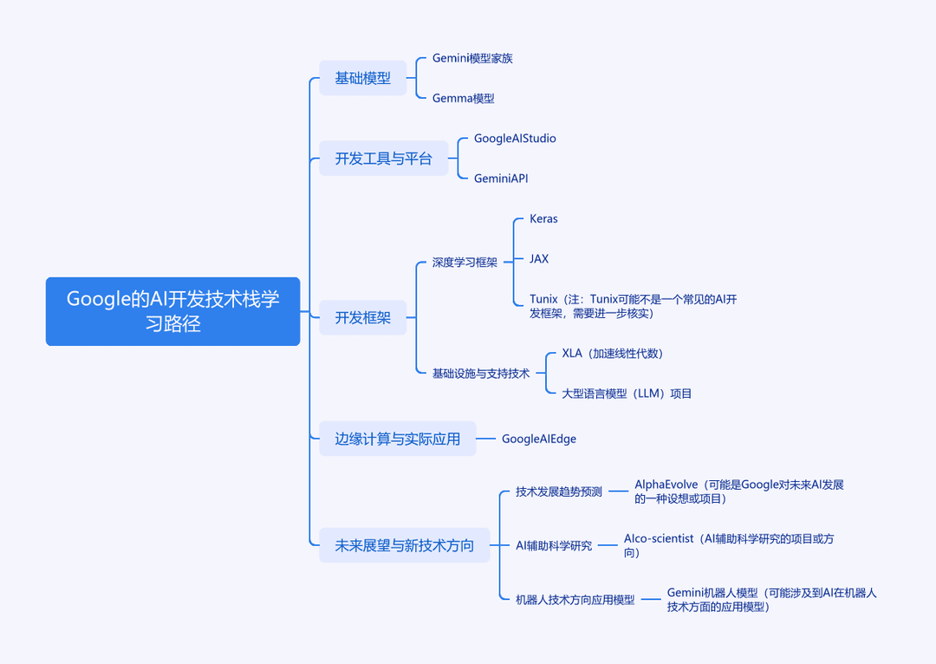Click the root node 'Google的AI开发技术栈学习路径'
tap(172, 311)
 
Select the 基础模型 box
tap(363, 78)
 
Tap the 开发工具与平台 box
tap(383, 159)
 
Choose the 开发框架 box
tap(363, 317)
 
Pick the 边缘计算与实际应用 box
tap(398, 439)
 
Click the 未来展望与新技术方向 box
tap(405, 545)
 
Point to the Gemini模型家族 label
tap(472, 58)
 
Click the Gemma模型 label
tap(463, 98)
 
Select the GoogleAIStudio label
tap(515, 139)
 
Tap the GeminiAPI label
tap(501, 179)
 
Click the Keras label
tap(543, 218)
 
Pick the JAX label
tap(539, 258)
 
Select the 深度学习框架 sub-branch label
tap(465, 262)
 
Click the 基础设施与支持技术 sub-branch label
tap(480, 374)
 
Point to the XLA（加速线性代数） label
tap(613, 354)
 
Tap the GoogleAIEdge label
tap(539, 439)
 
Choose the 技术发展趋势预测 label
tap(559, 491)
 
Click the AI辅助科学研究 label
tap(554, 545)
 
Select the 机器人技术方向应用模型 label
tap(575, 600)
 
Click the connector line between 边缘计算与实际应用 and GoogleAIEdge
tap(486, 439)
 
